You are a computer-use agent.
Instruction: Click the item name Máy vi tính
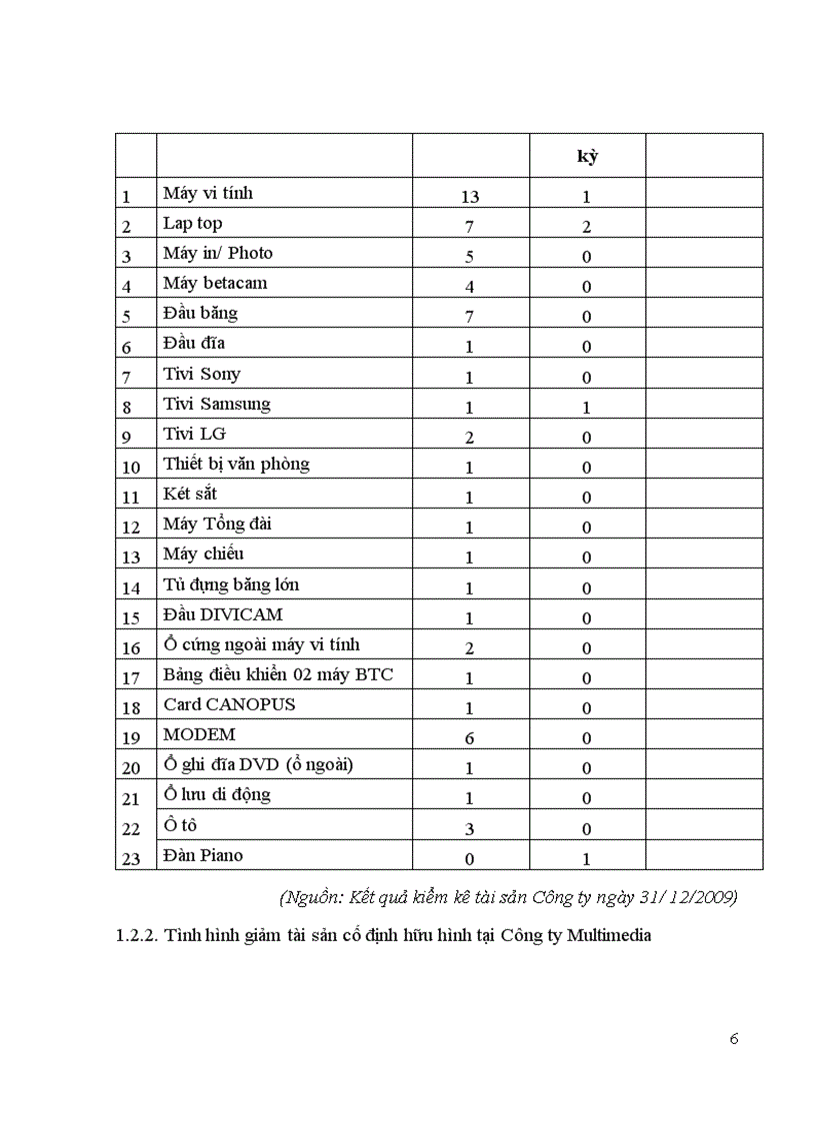click(x=215, y=193)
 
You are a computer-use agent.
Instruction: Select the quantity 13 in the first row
click(x=470, y=197)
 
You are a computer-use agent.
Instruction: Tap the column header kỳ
click(x=587, y=156)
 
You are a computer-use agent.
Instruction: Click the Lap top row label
click(x=193, y=223)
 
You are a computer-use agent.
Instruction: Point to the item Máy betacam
click(x=215, y=283)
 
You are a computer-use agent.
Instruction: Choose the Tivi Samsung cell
click(x=217, y=404)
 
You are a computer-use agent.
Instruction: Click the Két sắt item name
click(x=190, y=494)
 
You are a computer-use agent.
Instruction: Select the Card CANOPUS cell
click(x=229, y=704)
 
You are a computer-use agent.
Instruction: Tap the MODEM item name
click(x=199, y=734)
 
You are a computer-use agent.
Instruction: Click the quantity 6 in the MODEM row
click(x=470, y=738)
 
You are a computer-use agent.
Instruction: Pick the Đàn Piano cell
click(x=203, y=855)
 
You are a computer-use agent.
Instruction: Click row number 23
click(x=131, y=859)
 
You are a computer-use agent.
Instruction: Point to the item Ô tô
click(x=181, y=825)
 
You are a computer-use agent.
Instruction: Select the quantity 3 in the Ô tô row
click(x=470, y=829)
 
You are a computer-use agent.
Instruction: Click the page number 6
click(x=734, y=1039)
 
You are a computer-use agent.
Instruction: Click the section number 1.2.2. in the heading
click(x=137, y=936)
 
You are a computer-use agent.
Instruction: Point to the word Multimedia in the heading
click(x=602, y=936)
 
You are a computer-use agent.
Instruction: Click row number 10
click(x=131, y=468)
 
